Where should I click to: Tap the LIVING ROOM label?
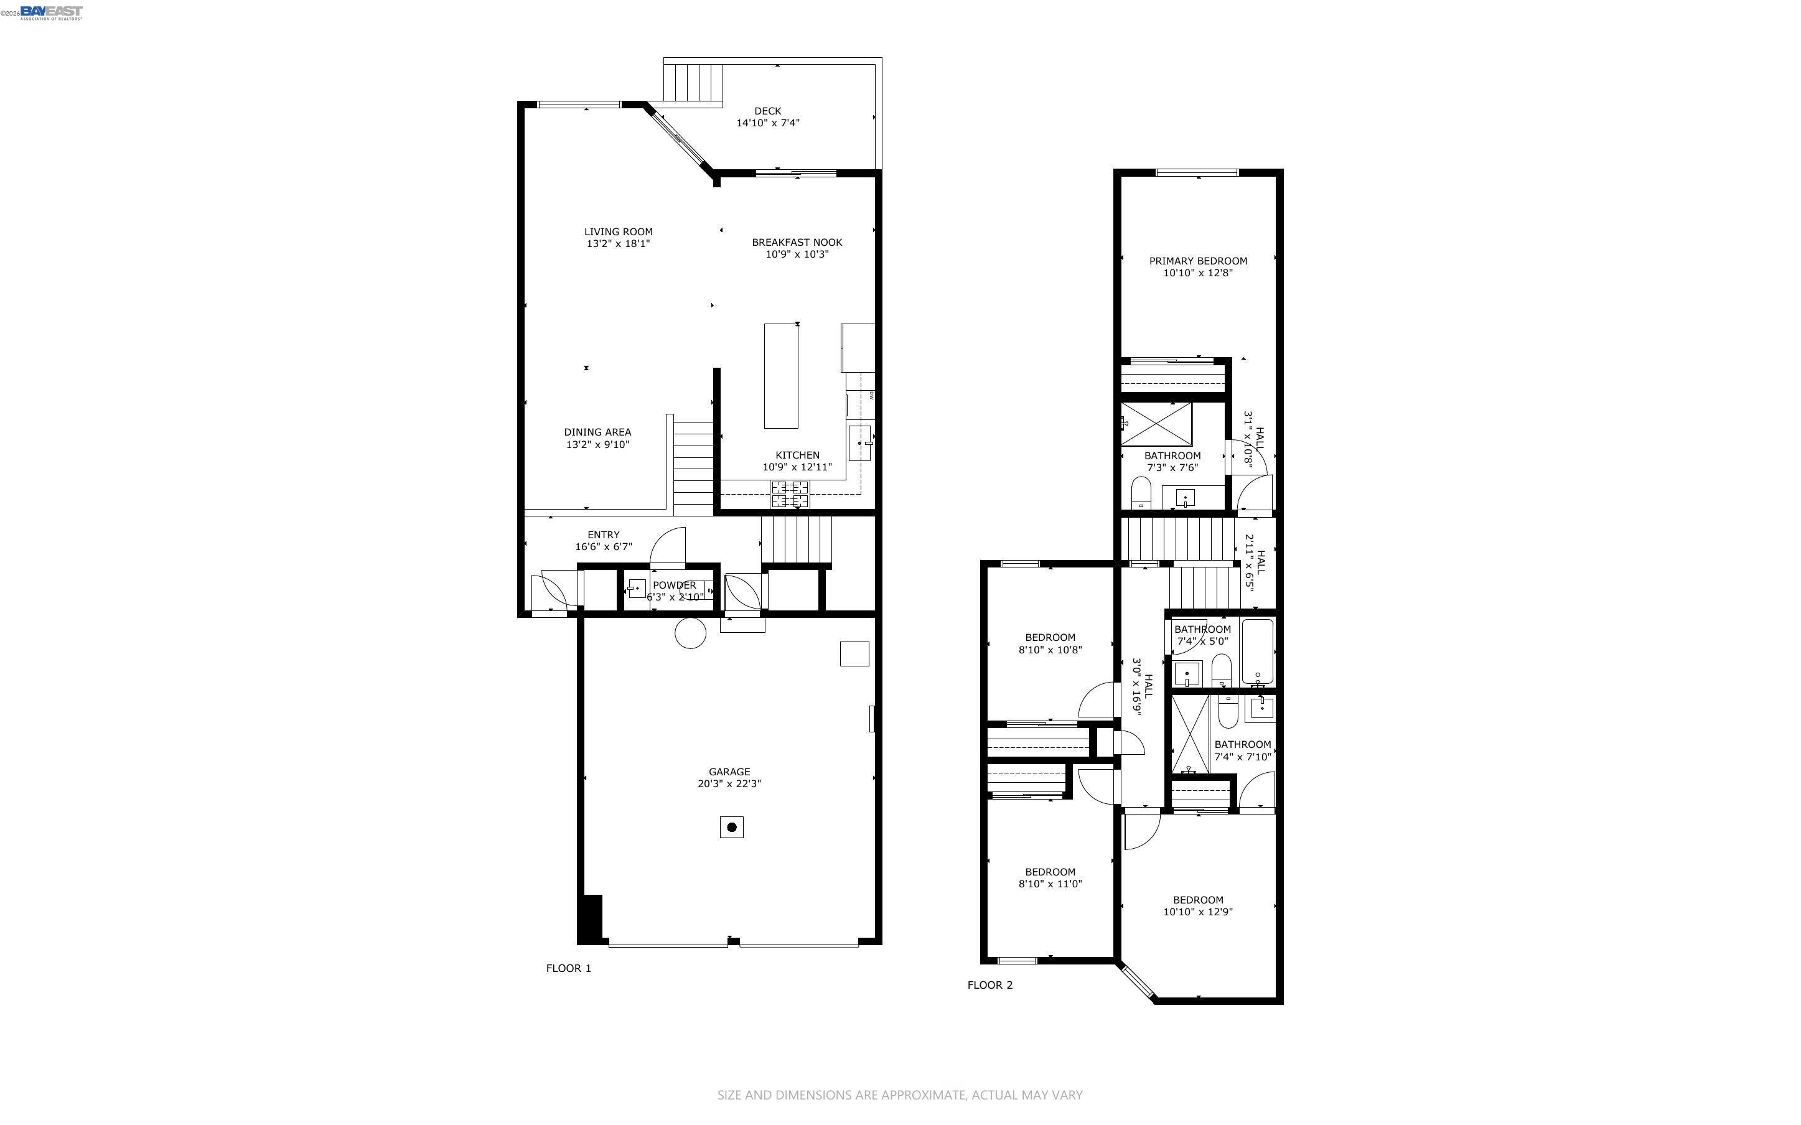point(617,231)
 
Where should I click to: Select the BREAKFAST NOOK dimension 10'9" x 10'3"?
point(797,254)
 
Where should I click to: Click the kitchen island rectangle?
point(780,376)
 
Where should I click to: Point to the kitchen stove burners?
point(789,494)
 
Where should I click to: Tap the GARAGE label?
point(728,772)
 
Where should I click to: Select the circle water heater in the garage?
point(690,633)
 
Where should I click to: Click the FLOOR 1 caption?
point(568,968)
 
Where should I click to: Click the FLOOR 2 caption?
point(989,985)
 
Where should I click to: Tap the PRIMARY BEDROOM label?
point(1198,261)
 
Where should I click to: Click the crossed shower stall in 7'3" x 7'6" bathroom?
point(1157,424)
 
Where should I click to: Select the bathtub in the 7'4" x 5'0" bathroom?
point(1257,651)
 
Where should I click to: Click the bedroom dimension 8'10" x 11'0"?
point(1050,885)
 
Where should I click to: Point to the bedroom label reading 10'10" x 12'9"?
point(1198,912)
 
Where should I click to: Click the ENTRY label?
point(602,535)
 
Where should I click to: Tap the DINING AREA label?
point(597,432)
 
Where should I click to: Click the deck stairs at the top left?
point(693,83)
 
